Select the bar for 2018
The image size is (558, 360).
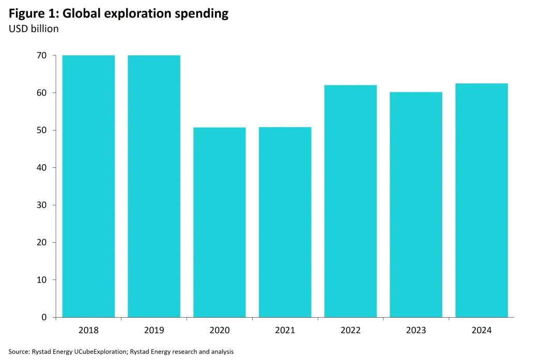pyautogui.click(x=88, y=186)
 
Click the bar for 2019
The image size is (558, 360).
pyautogui.click(x=154, y=186)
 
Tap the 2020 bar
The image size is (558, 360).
pyautogui.click(x=220, y=222)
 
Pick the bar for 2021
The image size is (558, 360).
pyautogui.click(x=285, y=222)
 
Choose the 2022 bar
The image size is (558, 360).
pyautogui.click(x=351, y=201)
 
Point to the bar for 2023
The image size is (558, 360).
pyautogui.click(x=416, y=205)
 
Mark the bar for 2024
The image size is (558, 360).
pyautogui.click(x=482, y=200)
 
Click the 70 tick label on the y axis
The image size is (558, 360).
pyautogui.click(x=42, y=55)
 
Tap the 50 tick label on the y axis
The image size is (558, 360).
pyautogui.click(x=42, y=130)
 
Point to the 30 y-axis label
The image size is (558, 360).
pyautogui.click(x=42, y=205)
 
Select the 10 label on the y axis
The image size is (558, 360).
pyautogui.click(x=42, y=280)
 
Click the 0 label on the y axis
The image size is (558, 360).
pyautogui.click(x=44, y=317)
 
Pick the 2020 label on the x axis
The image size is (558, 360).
pyautogui.click(x=220, y=331)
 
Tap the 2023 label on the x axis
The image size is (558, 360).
pyautogui.click(x=416, y=331)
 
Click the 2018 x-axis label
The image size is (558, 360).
pyautogui.click(x=88, y=331)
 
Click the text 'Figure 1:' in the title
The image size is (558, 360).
pyautogui.click(x=33, y=13)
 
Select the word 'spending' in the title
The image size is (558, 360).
pyautogui.click(x=202, y=14)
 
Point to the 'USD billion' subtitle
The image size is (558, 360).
pyautogui.click(x=34, y=29)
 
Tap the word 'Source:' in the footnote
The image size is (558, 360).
pyautogui.click(x=19, y=352)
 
